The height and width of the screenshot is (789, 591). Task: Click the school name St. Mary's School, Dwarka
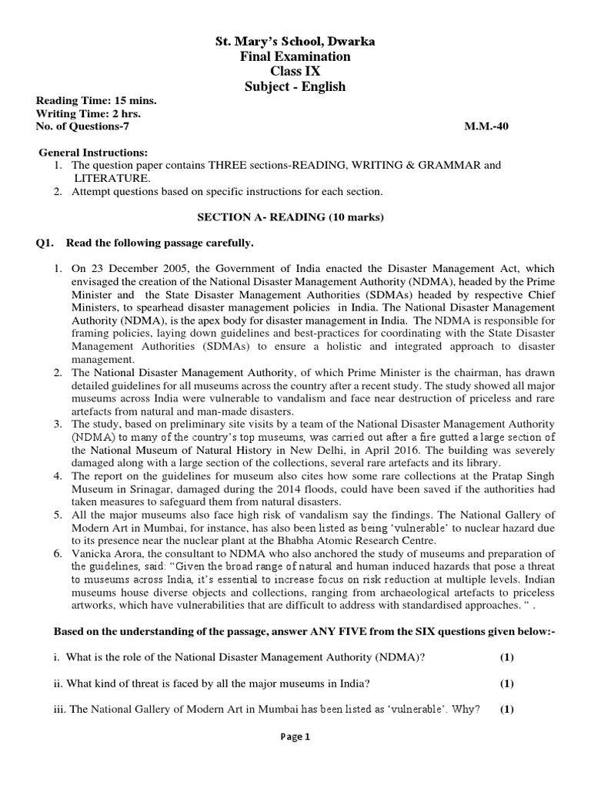(295, 41)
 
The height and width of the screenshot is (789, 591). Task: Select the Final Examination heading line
(295, 56)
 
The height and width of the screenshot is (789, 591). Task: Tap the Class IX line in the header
(295, 72)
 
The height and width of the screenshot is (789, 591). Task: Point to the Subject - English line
(295, 87)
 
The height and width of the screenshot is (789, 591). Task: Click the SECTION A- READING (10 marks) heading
(295, 217)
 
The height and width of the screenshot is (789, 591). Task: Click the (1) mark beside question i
(506, 657)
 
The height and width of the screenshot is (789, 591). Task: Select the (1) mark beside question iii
(506, 710)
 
